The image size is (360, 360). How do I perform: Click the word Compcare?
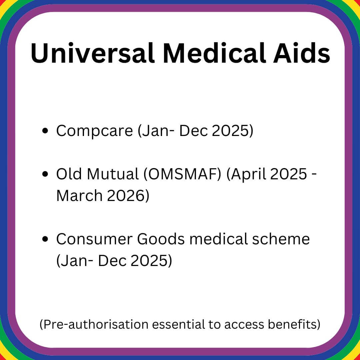[95, 131]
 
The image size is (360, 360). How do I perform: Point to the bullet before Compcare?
[45, 131]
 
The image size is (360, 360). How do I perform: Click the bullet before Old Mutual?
[45, 174]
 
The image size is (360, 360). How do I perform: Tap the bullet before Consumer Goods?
[45, 239]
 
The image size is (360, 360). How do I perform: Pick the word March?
[79, 196]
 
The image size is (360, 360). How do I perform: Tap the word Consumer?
[94, 239]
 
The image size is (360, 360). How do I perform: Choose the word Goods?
[161, 239]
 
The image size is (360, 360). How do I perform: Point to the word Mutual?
[113, 174]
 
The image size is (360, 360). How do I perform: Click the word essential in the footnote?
[178, 324]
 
